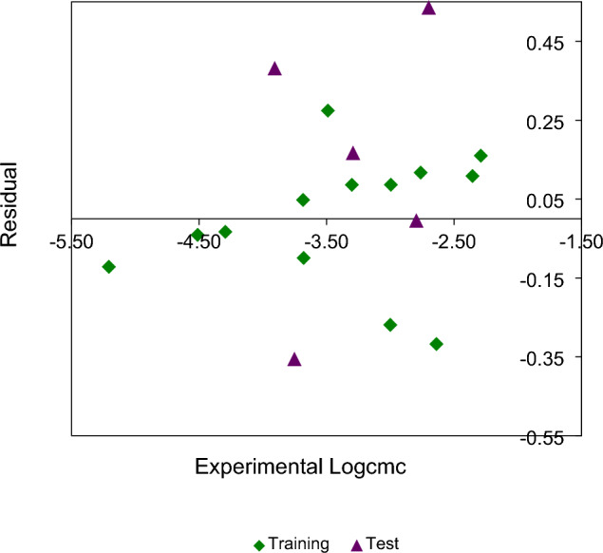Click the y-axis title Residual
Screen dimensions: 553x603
(x=11, y=204)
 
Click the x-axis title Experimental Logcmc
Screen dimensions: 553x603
(x=301, y=467)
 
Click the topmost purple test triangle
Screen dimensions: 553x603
(x=428, y=8)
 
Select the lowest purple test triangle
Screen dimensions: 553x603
(x=294, y=359)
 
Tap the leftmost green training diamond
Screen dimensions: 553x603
(x=109, y=267)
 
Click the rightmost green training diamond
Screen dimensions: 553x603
(x=481, y=156)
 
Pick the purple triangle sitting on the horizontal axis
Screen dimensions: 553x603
(x=416, y=220)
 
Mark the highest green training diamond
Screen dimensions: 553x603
(x=328, y=110)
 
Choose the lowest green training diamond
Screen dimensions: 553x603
(x=436, y=344)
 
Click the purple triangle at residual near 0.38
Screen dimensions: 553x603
(x=274, y=68)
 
